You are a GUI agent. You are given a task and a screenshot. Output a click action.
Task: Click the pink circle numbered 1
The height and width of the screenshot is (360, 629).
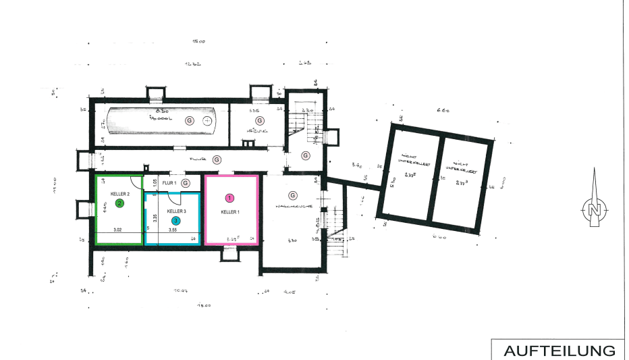[230, 198]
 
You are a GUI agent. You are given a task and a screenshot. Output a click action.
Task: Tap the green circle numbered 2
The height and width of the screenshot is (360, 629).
[119, 203]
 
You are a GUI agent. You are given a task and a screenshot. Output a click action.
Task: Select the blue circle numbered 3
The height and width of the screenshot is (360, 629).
[176, 220]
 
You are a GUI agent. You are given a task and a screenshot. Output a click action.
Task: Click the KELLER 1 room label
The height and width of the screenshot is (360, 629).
[231, 211]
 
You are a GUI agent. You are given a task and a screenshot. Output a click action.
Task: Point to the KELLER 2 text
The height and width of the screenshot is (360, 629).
[119, 193]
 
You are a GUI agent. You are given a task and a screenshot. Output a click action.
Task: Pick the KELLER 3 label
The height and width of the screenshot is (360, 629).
[176, 211]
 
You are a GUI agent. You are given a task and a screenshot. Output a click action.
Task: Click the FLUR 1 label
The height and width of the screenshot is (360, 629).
[169, 183]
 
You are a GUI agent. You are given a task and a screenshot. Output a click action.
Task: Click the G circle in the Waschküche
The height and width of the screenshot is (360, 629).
[293, 195]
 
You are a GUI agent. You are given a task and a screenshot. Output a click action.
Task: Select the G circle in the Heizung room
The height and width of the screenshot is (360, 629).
[259, 120]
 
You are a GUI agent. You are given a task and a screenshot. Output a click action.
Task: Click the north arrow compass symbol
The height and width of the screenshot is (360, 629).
[594, 205]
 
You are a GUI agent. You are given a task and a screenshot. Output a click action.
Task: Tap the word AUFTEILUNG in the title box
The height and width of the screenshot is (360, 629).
[559, 351]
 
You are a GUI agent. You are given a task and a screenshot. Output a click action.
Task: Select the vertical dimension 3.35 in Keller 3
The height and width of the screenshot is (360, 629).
[155, 217]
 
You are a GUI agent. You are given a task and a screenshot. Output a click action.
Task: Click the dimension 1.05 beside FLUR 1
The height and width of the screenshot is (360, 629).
[155, 182]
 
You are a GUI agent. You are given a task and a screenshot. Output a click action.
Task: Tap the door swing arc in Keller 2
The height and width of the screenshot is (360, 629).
[136, 181]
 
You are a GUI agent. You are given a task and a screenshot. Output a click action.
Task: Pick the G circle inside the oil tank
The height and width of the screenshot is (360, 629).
[189, 120]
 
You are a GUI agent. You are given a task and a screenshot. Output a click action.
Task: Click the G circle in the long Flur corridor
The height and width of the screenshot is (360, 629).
[217, 159]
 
